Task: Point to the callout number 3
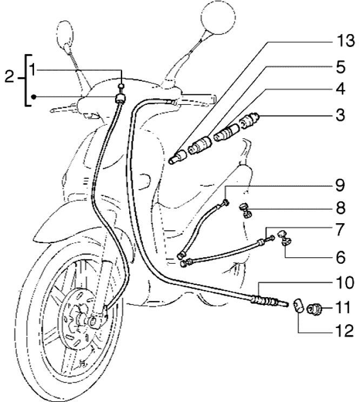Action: [339, 115]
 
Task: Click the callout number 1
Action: [34, 69]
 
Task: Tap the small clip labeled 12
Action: [298, 306]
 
